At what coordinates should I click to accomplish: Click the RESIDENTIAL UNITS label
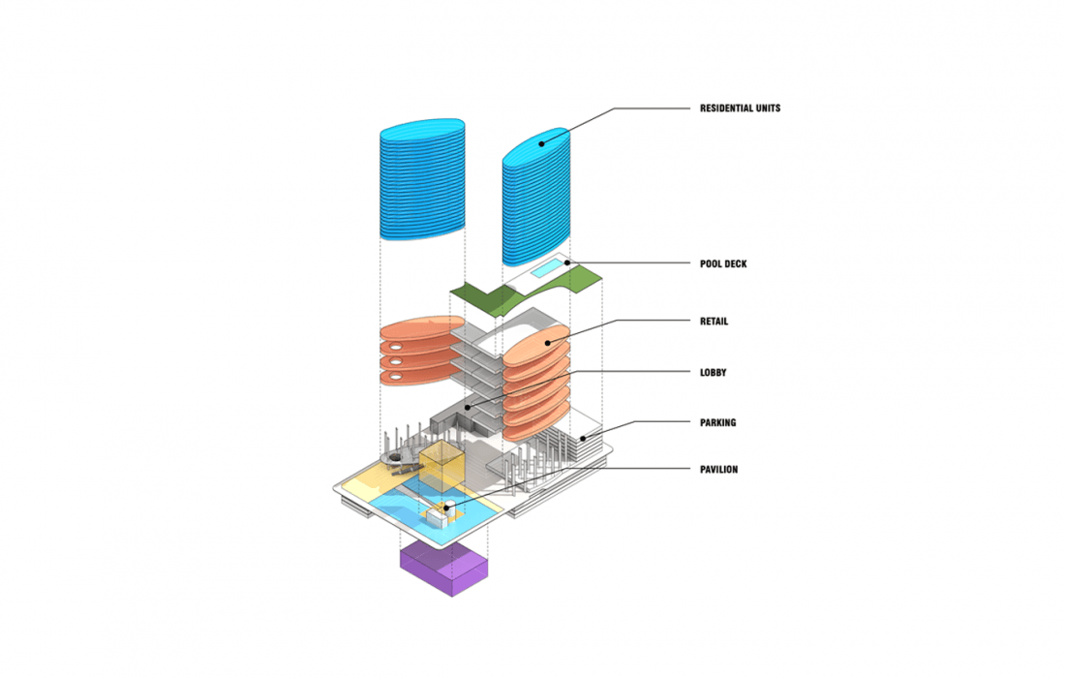click(x=740, y=108)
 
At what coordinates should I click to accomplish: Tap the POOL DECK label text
click(x=723, y=263)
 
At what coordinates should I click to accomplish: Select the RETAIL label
click(x=714, y=322)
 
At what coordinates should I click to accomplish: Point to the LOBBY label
click(x=713, y=372)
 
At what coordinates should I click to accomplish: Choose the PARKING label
click(x=717, y=422)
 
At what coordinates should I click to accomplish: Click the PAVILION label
click(x=718, y=470)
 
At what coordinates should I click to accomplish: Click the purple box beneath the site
click(x=443, y=567)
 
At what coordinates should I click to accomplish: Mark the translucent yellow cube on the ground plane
click(x=441, y=470)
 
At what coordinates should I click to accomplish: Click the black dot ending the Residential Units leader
click(x=541, y=144)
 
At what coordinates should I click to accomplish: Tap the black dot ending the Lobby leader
click(x=467, y=408)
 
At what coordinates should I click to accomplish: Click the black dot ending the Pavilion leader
click(x=446, y=507)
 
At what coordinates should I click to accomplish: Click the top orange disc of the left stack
click(x=415, y=330)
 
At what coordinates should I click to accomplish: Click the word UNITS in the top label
click(x=764, y=108)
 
